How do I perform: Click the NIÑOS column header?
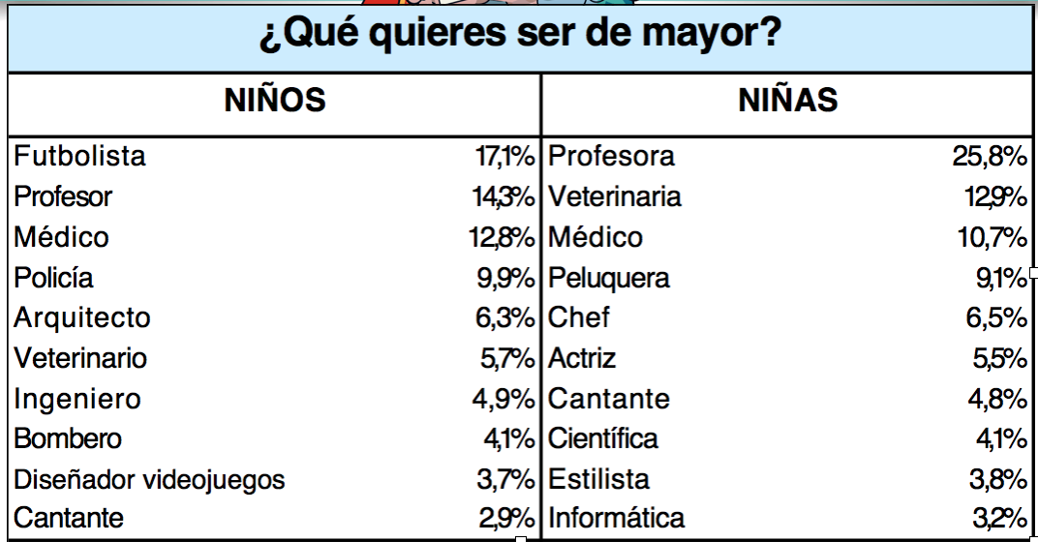274,100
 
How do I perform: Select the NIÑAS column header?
788,100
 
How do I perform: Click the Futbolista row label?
80,156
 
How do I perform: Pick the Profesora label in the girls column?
612,156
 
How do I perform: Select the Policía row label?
54,278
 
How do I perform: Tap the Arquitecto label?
82,317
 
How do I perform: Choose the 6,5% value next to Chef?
996,317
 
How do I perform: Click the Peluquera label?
609,278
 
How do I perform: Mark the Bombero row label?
68,438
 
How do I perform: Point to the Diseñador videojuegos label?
150,479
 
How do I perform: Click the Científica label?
603,438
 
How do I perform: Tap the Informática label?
617,519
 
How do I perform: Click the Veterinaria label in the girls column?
615,196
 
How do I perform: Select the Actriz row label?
582,358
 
